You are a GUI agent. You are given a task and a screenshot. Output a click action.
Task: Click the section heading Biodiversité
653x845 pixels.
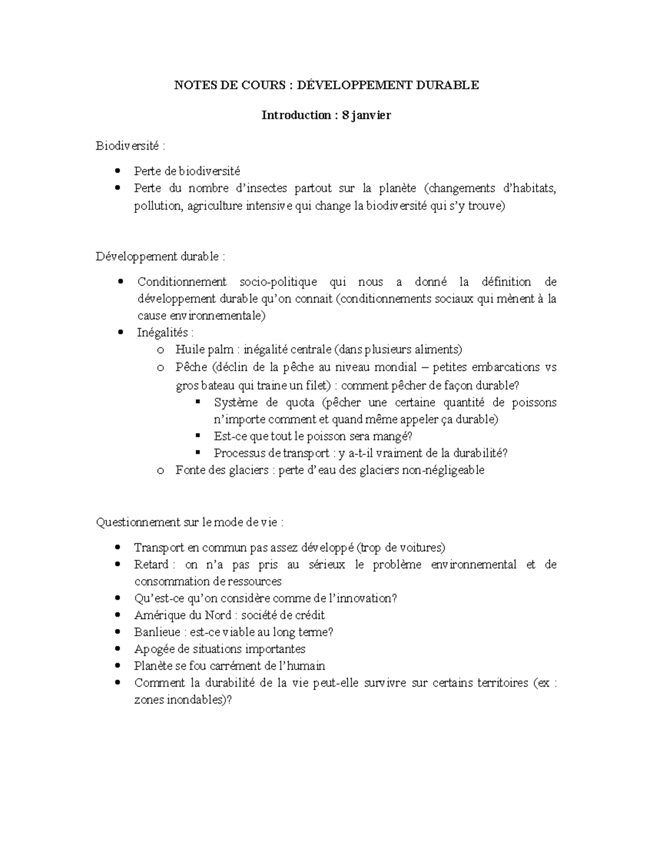pos(127,146)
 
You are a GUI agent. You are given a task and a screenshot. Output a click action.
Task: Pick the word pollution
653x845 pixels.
pos(157,206)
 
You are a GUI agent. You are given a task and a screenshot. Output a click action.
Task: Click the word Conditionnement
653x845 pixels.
pos(182,282)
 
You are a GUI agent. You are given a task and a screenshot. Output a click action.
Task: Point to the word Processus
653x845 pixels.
pos(238,453)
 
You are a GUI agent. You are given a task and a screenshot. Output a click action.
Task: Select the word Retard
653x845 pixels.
pos(151,564)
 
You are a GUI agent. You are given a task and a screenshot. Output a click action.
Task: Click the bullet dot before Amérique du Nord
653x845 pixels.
pos(119,615)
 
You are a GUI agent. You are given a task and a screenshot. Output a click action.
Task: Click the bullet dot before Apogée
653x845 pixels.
pos(119,649)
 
